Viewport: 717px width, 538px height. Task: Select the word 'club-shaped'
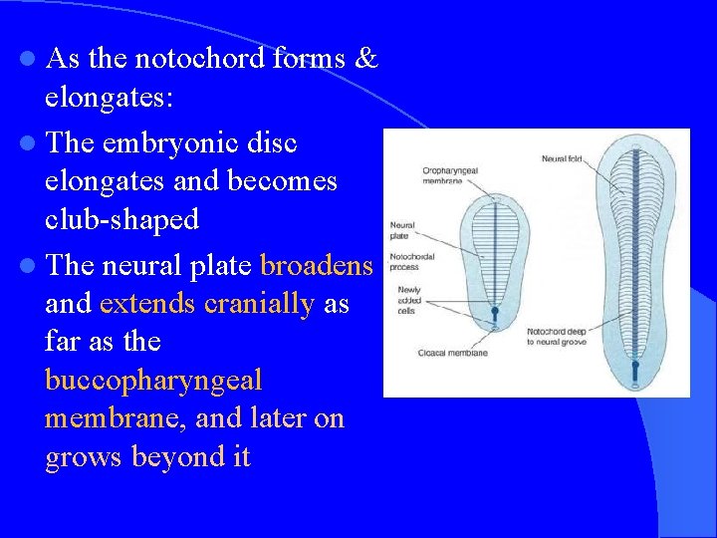tap(121, 220)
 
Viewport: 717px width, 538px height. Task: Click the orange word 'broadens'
tap(316, 266)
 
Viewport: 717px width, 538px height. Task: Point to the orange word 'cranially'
tap(258, 304)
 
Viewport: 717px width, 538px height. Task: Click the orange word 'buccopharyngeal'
tap(153, 381)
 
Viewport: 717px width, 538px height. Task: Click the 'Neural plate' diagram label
tap(402, 231)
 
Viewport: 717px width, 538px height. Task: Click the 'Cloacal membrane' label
tap(425, 353)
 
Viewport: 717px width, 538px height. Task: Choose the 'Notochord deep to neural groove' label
tap(557, 337)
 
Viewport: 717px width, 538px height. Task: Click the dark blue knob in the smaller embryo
tap(494, 312)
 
